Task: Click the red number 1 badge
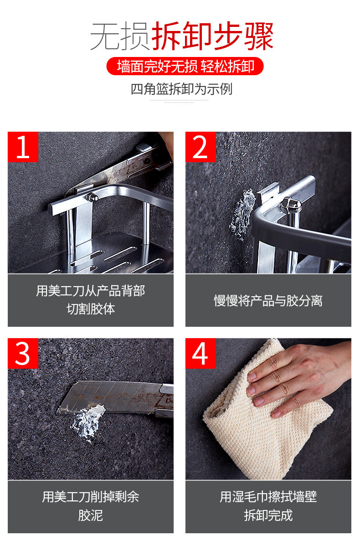click(23, 147)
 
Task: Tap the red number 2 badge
click(201, 147)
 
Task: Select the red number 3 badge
click(23, 353)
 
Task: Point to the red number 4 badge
click(201, 353)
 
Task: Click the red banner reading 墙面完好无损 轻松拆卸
click(185, 66)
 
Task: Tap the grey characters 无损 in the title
click(120, 36)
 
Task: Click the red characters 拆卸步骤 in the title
click(212, 36)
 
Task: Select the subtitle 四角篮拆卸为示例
click(181, 89)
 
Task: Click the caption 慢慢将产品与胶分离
click(268, 300)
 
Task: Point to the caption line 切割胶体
click(91, 309)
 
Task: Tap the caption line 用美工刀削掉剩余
click(91, 497)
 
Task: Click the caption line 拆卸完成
click(268, 515)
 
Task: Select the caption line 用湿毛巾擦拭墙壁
click(268, 497)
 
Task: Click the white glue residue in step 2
click(243, 213)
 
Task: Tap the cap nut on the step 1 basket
click(92, 197)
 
